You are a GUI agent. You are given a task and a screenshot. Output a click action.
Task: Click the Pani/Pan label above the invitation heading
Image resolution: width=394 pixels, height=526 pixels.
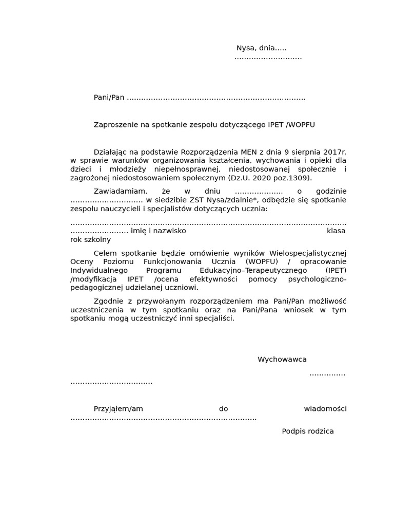109,98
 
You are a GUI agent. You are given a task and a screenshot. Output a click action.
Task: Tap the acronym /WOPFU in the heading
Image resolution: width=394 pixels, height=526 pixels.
300,125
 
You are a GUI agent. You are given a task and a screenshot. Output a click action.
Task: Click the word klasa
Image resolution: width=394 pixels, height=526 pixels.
336,231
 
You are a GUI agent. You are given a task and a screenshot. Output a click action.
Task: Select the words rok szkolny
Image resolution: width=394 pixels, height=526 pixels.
90,240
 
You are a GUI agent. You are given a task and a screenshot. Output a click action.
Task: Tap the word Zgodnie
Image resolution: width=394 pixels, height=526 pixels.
108,301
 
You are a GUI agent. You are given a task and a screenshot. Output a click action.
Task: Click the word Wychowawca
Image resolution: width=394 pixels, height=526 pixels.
282,360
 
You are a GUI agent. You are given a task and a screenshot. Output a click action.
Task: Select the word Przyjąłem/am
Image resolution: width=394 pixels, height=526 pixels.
118,409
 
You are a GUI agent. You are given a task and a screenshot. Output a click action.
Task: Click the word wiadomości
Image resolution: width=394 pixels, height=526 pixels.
325,409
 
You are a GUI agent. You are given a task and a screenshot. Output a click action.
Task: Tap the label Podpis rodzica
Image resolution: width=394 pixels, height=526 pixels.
308,431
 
